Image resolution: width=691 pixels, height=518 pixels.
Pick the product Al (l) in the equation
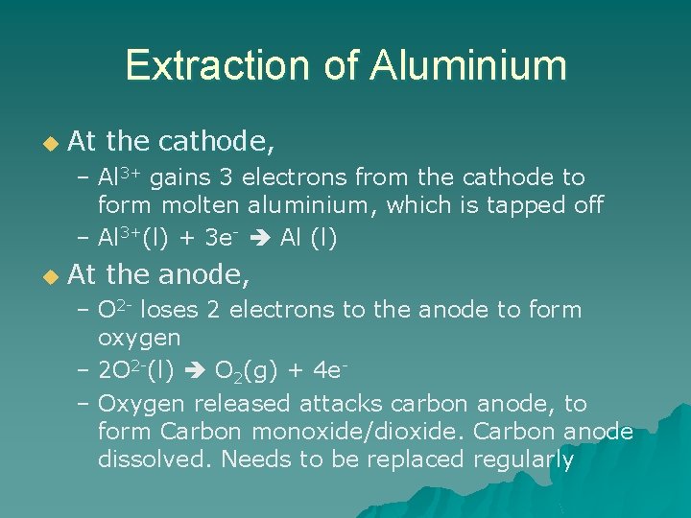(x=308, y=238)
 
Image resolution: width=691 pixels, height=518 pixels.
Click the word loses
(x=179, y=310)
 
